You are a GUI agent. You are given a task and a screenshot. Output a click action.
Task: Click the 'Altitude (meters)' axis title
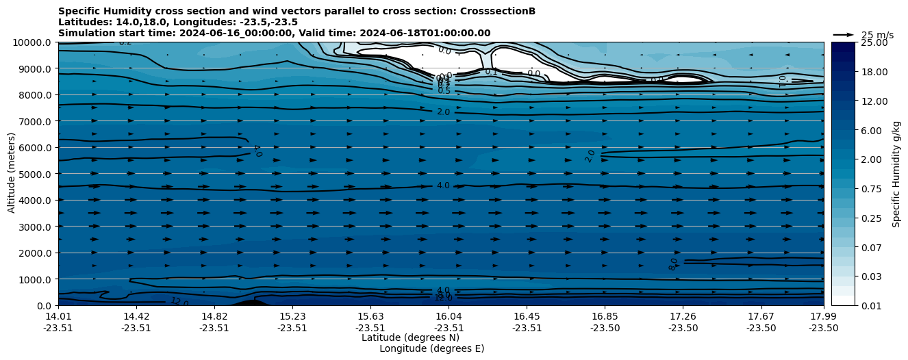click(x=12, y=174)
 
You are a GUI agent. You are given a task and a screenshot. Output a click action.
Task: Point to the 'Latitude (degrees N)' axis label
click(x=410, y=337)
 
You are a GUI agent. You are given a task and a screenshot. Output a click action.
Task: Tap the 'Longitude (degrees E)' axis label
click(x=431, y=348)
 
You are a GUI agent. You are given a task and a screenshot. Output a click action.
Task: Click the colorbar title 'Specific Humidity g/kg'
click(x=896, y=174)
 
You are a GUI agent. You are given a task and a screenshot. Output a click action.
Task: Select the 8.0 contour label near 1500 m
click(x=674, y=264)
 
